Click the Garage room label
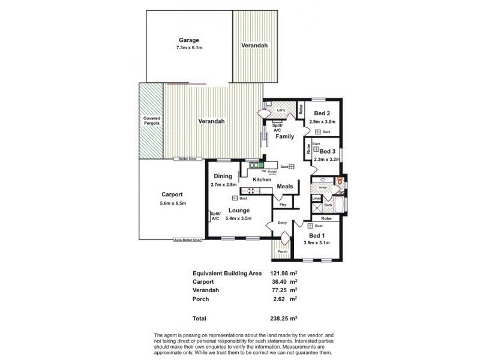188,40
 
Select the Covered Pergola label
151,121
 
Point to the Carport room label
172,194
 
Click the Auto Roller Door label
187,240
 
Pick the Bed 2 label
322,113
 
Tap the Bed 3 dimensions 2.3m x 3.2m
327,159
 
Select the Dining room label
223,176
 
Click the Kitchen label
263,180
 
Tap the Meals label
285,187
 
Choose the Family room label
285,137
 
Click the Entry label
283,223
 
